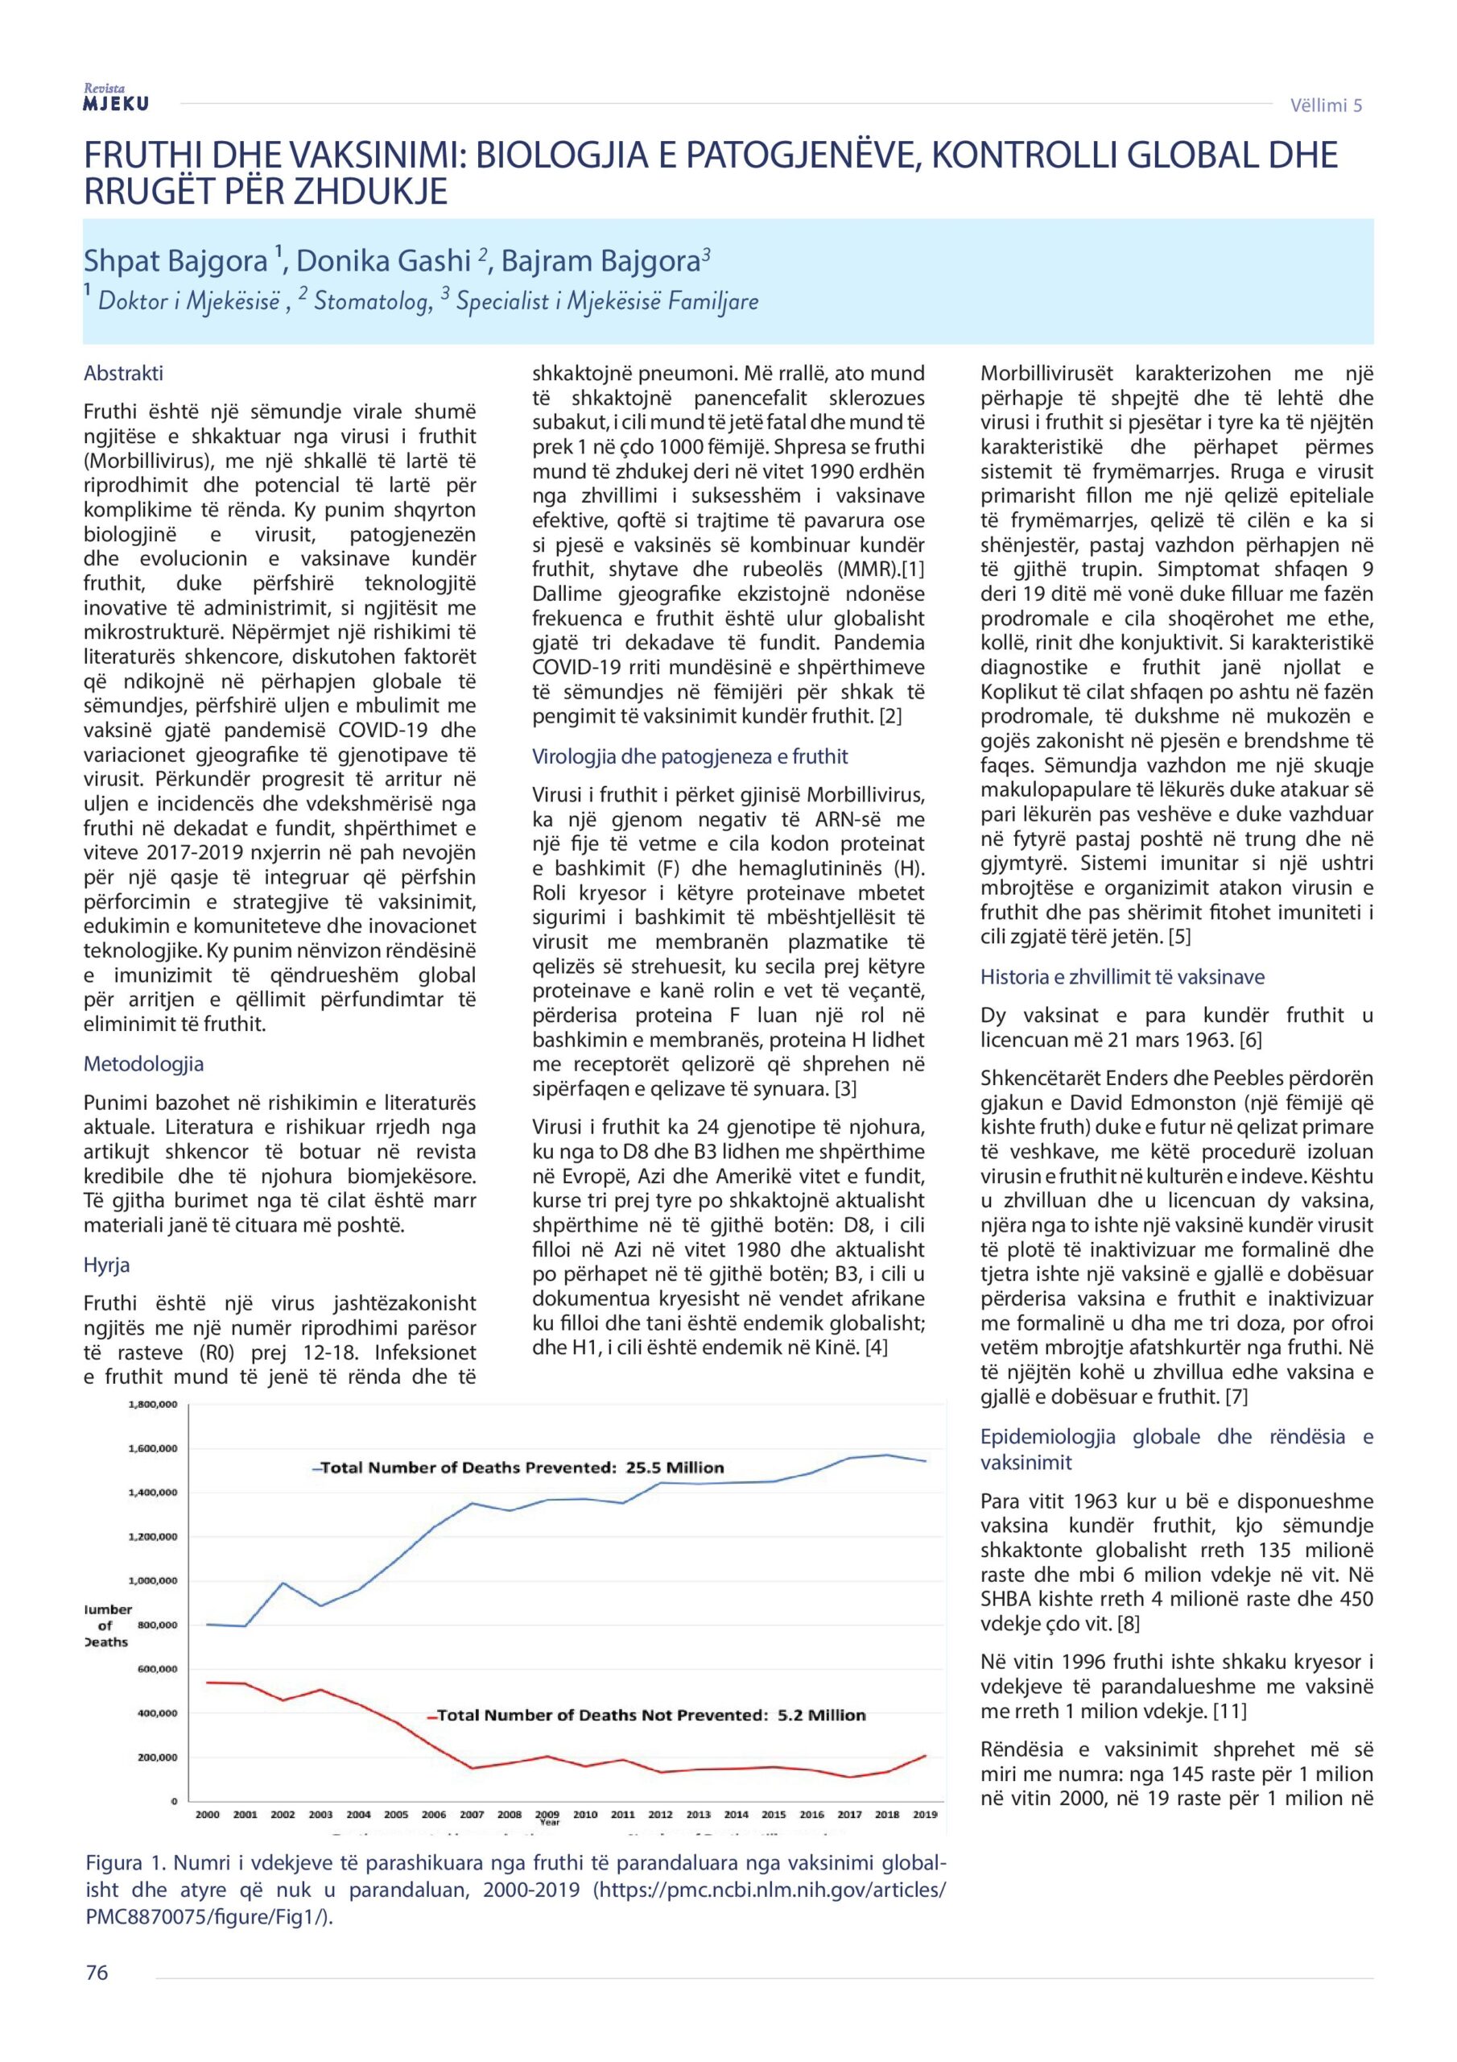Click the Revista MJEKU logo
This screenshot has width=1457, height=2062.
[116, 98]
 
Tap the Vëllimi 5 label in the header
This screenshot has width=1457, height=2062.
[1325, 105]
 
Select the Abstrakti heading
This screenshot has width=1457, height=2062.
[123, 373]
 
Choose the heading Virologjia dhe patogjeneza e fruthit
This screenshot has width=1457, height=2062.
[689, 756]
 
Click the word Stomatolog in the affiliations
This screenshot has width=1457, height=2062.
[369, 301]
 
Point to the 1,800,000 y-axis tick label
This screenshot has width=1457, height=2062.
[154, 1404]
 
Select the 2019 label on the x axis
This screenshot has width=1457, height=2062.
[924, 1814]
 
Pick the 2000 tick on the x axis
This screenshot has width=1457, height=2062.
[207, 1814]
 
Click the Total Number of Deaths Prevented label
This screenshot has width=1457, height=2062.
[522, 1468]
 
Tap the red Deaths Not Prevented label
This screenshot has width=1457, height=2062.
[651, 1716]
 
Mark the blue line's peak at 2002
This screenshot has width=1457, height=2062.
[282, 1583]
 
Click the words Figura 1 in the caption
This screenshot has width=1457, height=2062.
[126, 1861]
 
